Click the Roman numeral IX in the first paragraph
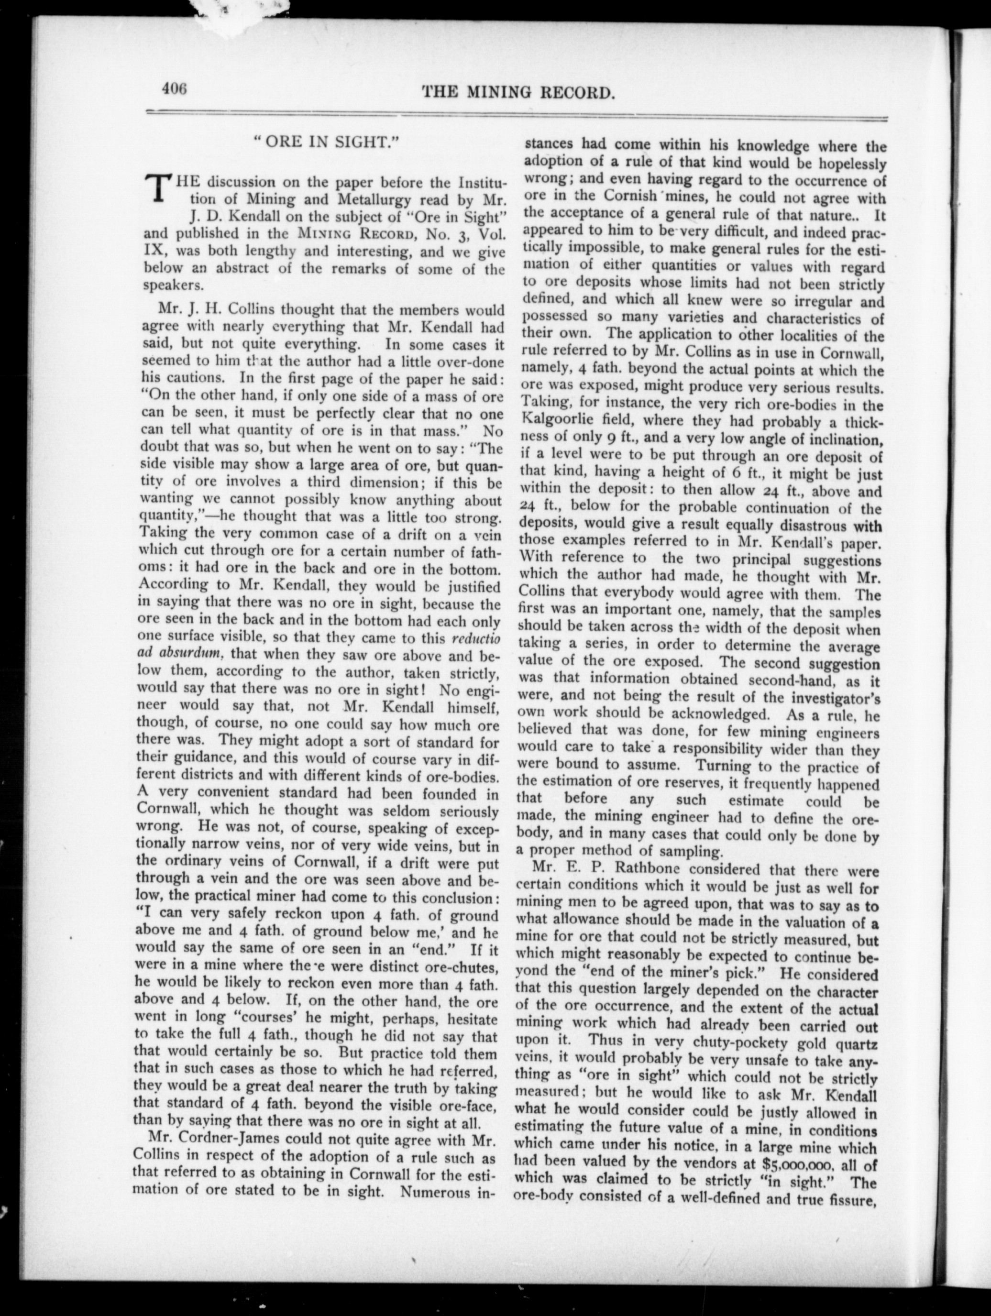point(153,251)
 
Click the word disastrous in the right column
point(809,526)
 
